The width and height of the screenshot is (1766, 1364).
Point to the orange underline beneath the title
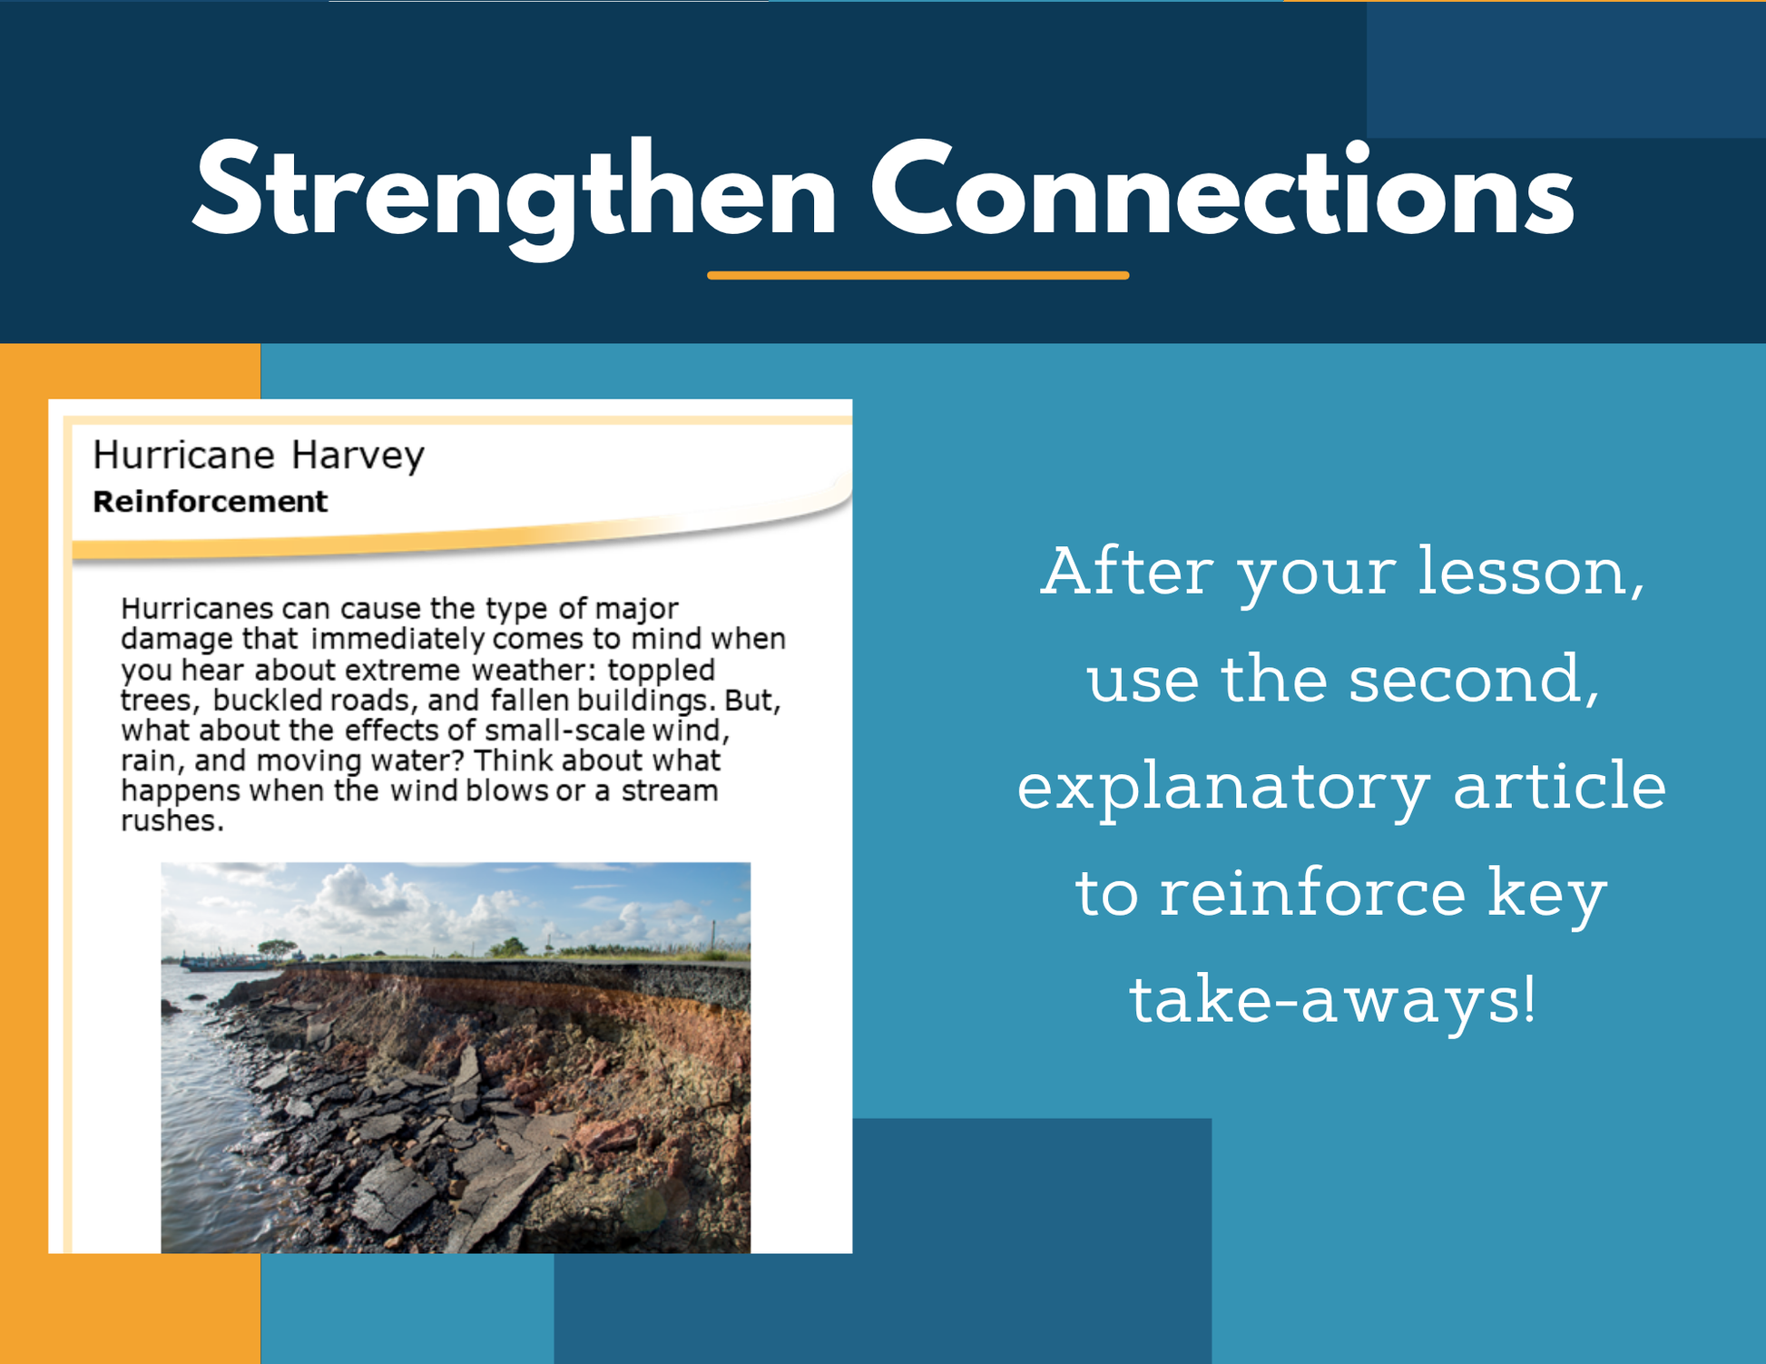[918, 275]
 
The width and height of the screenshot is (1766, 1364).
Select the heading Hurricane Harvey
[259, 455]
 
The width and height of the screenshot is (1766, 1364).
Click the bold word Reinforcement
[210, 501]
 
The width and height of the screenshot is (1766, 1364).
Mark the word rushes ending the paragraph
[172, 821]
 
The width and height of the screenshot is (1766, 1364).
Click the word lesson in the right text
[1532, 573]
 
